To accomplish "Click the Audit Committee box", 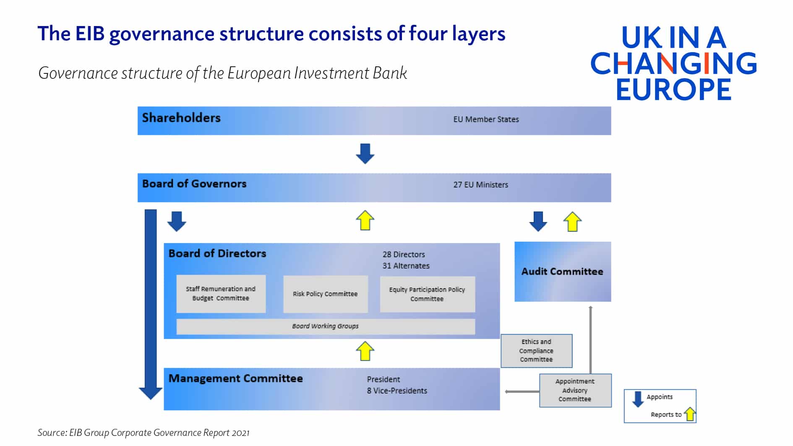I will coord(562,271).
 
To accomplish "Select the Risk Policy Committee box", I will coord(325,294).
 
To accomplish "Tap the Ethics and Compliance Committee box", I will coord(536,351).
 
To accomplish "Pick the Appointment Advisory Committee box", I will coord(575,390).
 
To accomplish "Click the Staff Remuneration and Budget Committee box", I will coord(221,294).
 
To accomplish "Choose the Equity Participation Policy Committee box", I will coord(427,294).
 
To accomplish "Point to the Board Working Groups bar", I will coord(325,326).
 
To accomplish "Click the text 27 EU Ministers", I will coord(480,185).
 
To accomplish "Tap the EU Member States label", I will coord(486,119).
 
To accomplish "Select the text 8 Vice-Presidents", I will coord(397,391).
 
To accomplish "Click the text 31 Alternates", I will coord(406,266).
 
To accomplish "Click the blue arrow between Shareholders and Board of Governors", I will coord(365,153).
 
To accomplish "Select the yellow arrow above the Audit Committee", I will coord(572,222).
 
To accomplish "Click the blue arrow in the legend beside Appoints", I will coord(638,399).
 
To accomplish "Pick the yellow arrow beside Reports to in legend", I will coord(690,414).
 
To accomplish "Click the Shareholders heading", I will coord(181,118).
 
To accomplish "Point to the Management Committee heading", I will coord(235,378).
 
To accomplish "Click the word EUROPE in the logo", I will coord(673,89).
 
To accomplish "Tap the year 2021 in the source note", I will coord(241,433).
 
